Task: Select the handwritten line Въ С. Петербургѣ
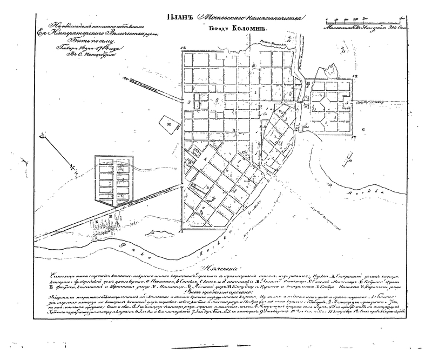pos(78,54)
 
